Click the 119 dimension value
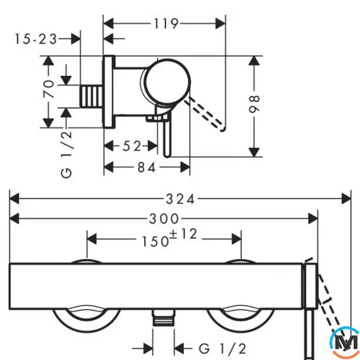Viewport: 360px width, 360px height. (166, 23)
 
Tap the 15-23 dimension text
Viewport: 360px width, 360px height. (35, 39)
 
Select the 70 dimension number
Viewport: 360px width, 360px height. (49, 89)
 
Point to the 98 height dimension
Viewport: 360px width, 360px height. (254, 104)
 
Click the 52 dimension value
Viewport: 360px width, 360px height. (131, 146)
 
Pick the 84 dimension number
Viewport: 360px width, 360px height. (146, 167)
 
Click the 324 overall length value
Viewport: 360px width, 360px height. (180, 200)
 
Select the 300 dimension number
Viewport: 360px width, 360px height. (164, 218)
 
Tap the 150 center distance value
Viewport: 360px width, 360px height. (155, 241)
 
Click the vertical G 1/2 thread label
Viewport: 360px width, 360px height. (67, 154)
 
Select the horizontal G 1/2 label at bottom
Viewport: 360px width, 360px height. (222, 349)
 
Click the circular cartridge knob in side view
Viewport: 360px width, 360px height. (167, 81)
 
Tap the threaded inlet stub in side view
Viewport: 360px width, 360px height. (92, 96)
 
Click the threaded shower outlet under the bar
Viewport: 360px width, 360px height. (164, 318)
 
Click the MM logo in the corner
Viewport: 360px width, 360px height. (345, 342)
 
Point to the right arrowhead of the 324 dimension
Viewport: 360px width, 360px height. (346, 199)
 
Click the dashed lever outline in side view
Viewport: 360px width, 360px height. (206, 113)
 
